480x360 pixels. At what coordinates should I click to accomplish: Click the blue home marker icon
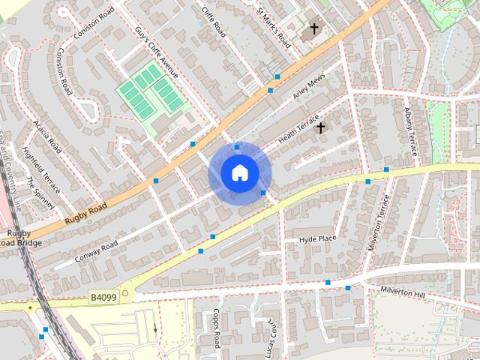click(x=239, y=173)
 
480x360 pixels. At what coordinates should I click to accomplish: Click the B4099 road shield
click(x=103, y=298)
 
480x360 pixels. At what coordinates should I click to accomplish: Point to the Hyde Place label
click(x=317, y=238)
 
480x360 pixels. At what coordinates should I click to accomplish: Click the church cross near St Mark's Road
click(x=313, y=30)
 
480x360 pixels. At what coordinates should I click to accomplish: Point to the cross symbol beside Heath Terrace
click(x=320, y=128)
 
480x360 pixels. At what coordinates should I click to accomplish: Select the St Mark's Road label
click(x=272, y=27)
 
